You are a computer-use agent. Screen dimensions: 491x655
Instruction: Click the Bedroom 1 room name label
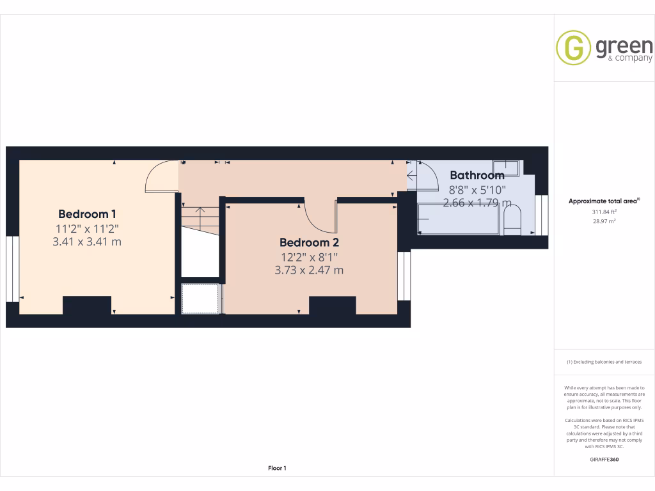pos(87,214)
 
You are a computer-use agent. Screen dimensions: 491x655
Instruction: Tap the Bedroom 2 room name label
pos(309,242)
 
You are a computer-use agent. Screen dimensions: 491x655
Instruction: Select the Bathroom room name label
pos(477,175)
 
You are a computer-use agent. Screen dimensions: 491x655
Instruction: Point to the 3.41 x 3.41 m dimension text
pos(88,242)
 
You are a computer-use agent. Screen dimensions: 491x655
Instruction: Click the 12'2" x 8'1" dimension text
pos(309,257)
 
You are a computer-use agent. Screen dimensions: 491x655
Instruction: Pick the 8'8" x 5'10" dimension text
pos(477,189)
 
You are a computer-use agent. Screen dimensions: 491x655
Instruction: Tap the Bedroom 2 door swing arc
pos(320,217)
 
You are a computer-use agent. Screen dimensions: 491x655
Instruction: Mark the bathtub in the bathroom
pos(457,219)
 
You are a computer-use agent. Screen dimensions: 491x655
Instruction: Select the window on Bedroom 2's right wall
pos(404,276)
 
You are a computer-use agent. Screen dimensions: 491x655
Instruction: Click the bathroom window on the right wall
pos(542,214)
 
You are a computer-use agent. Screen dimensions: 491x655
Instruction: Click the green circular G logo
pos(573,48)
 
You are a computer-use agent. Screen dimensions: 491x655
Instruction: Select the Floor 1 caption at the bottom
pos(277,469)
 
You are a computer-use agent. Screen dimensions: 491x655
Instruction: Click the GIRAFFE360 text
pos(604,459)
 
